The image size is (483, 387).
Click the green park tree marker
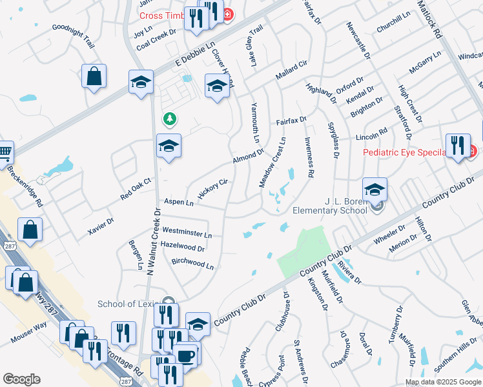[x=169, y=119]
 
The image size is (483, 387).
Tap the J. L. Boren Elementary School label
[x=329, y=205]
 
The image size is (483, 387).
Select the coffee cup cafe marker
[x=185, y=355]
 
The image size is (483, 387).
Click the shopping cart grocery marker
[x=5, y=152]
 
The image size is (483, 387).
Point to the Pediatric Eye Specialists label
[x=404, y=152]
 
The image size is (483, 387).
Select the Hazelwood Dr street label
[x=183, y=246]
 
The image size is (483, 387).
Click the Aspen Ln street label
[x=178, y=203]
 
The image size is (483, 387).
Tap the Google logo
[x=22, y=379]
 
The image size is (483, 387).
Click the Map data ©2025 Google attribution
[x=443, y=382]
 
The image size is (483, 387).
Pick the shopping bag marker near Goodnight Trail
[x=94, y=75]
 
